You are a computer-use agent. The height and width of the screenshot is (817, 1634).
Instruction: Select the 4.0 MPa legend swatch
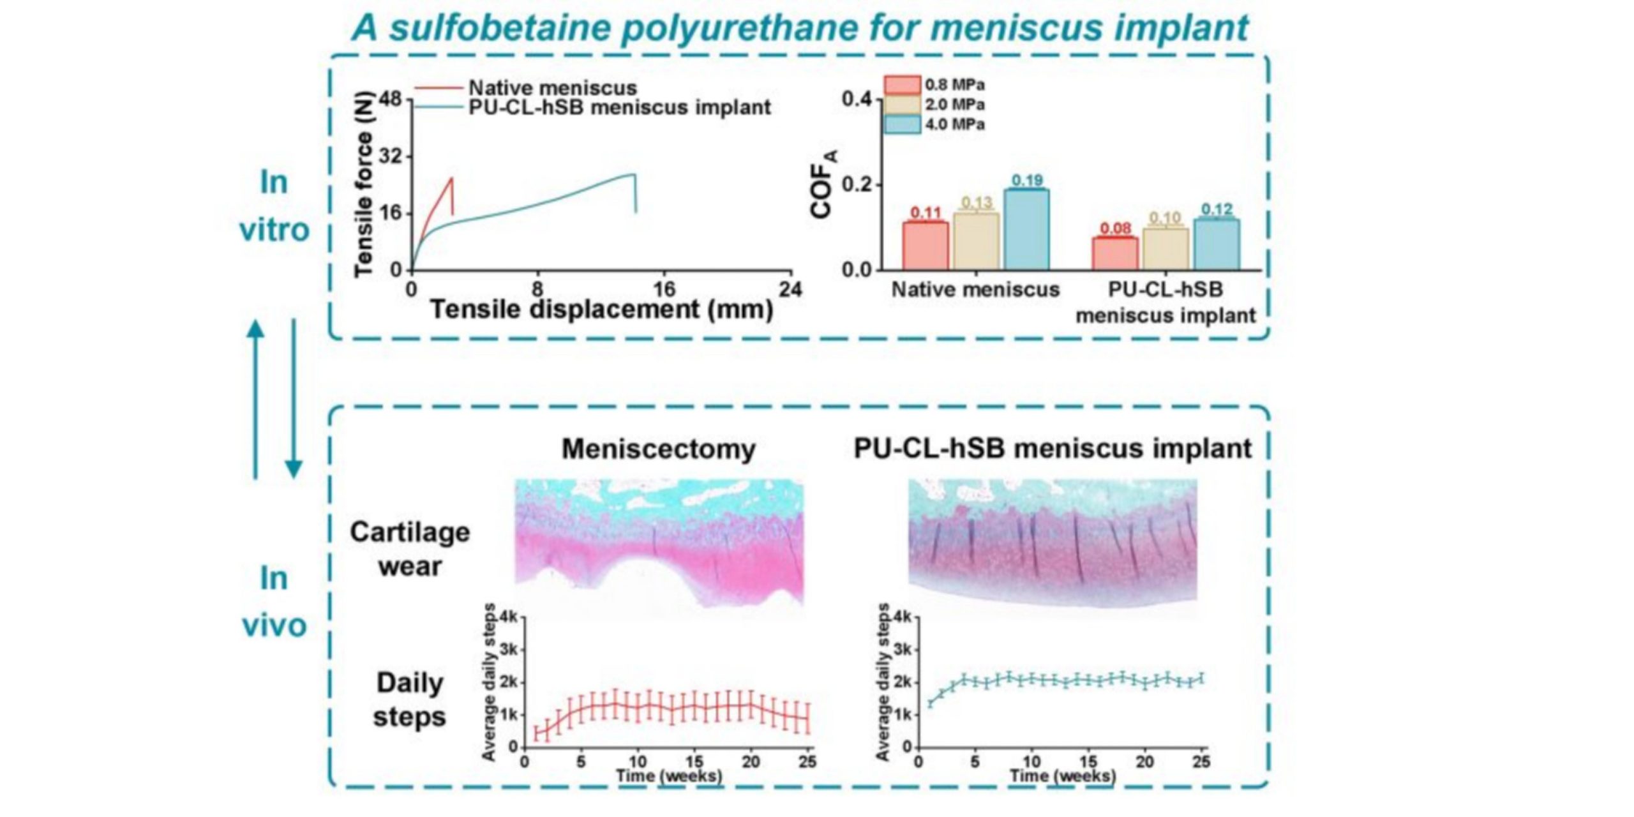pos(901,124)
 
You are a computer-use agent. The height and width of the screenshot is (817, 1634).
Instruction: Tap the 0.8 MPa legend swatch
pos(901,85)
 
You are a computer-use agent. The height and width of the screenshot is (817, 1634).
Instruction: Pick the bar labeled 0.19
pos(1026,229)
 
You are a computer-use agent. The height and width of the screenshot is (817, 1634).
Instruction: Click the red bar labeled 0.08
pos(1115,253)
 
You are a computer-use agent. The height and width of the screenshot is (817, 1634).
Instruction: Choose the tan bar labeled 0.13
pos(976,241)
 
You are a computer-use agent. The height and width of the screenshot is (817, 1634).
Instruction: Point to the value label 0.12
pos(1217,209)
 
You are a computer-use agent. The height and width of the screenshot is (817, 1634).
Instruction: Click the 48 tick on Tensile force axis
pos(390,100)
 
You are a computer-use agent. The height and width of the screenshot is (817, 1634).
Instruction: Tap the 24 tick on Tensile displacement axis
pos(790,289)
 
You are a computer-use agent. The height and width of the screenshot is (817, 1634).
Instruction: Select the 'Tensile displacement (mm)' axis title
pos(602,310)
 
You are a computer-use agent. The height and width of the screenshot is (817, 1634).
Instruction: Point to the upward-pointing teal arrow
pos(255,399)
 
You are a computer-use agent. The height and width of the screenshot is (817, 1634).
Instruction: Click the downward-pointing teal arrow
pos(294,399)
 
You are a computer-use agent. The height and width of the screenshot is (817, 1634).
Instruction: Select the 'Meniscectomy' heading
pos(658,449)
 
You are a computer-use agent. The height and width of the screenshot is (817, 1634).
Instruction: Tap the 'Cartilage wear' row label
pos(410,549)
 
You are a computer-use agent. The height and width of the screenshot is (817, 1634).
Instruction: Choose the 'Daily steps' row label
pos(410,700)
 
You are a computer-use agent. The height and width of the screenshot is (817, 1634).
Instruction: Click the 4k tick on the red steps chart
pos(510,617)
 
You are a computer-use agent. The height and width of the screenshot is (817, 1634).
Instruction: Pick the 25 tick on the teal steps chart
pos(1201,761)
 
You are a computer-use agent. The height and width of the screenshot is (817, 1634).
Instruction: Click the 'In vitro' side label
pos(274,206)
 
